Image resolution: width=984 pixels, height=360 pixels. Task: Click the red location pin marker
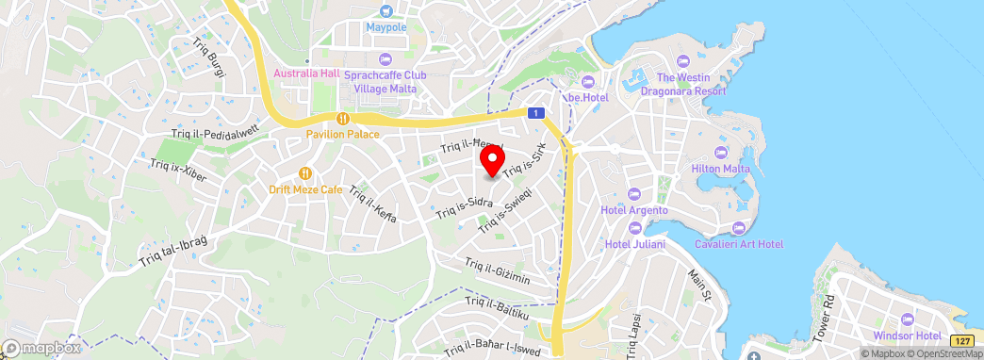491,161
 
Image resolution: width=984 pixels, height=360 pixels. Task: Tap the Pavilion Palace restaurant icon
343,119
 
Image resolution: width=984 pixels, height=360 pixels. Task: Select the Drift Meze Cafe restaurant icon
305,173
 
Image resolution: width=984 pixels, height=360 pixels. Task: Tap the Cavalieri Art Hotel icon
738,228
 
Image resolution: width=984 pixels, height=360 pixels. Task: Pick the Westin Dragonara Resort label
691,84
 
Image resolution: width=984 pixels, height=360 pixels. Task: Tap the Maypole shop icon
385,12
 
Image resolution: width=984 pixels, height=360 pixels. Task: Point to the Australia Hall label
306,74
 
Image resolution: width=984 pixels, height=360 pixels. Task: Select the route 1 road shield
535,112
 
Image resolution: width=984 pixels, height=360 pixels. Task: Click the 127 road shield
961,340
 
